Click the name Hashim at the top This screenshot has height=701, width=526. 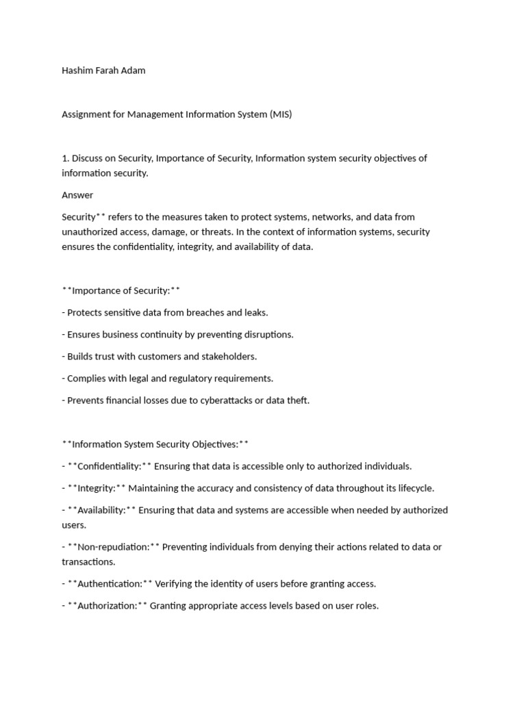(x=77, y=71)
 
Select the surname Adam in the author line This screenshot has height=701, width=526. (x=134, y=71)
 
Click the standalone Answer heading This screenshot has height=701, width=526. (x=77, y=195)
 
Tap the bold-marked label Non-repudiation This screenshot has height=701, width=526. (x=114, y=547)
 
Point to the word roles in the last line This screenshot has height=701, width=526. (x=366, y=606)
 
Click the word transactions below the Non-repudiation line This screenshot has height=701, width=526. (x=88, y=561)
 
